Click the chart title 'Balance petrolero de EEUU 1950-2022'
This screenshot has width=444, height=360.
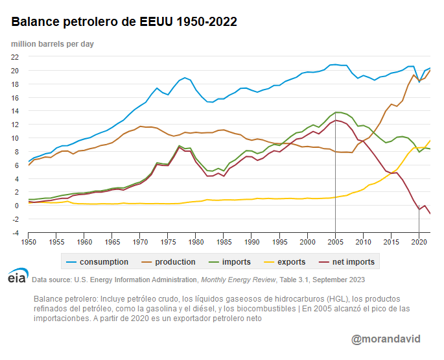click(x=124, y=22)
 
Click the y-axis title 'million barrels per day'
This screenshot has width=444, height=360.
click(x=53, y=43)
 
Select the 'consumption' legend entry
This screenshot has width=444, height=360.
click(x=99, y=262)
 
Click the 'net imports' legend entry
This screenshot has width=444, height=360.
click(x=353, y=262)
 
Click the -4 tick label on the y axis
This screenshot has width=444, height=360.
click(x=14, y=233)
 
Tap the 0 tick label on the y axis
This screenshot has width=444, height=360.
click(x=16, y=206)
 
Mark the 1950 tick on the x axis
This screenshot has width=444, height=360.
click(x=29, y=242)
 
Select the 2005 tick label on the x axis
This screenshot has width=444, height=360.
click(x=335, y=242)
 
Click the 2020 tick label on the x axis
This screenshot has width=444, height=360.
click(x=419, y=242)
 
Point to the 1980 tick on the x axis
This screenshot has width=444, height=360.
click(x=196, y=242)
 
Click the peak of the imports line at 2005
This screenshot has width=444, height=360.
click(x=335, y=112)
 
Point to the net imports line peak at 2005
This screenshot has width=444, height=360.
click(x=335, y=120)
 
